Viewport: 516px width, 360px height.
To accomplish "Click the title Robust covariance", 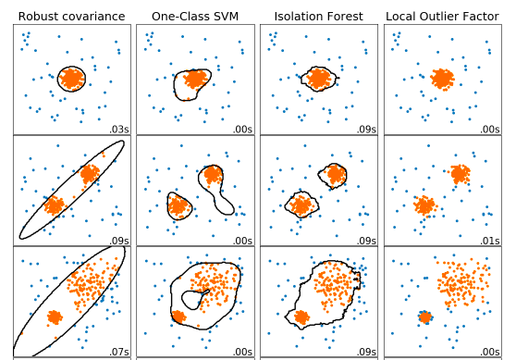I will pos(71,16).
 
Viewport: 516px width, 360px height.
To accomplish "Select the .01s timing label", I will pos(492,242).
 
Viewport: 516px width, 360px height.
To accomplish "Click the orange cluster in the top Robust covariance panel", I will pos(71,79).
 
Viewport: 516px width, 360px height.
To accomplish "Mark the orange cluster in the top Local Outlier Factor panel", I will pos(443,79).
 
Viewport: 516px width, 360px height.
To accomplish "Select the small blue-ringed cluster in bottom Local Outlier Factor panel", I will pos(425,317).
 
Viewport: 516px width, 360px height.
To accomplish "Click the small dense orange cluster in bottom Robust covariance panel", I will pos(54,317).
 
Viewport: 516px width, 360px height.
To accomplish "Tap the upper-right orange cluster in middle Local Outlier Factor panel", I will pos(461,173).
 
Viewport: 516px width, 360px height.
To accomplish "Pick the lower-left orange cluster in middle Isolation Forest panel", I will pos(301,205).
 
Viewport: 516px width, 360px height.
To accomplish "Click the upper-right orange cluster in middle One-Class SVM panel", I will pos(213,173).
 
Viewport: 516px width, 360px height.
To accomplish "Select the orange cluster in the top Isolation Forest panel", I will pos(319,79).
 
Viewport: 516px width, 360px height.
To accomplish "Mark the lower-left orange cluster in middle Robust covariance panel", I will pos(53,205).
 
